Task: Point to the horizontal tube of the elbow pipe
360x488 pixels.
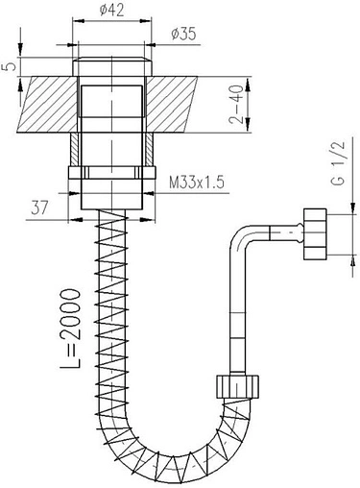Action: [x=278, y=232]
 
